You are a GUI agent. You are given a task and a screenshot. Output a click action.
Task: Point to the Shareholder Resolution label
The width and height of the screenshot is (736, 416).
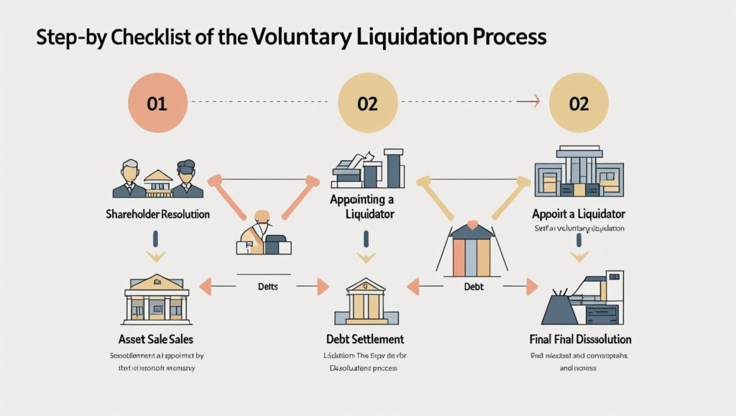[x=158, y=214]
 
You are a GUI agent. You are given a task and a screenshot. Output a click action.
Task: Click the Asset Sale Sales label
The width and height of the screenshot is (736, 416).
[x=157, y=338]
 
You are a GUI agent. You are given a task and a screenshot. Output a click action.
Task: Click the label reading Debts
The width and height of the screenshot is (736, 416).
[x=267, y=287]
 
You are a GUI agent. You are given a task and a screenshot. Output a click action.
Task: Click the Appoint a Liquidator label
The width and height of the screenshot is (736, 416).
[x=579, y=214]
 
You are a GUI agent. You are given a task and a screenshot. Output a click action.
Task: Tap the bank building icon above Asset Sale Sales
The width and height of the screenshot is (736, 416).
[x=157, y=297]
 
